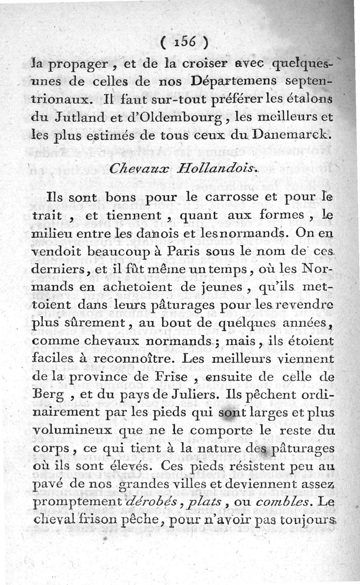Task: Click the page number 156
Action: [184, 42]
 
